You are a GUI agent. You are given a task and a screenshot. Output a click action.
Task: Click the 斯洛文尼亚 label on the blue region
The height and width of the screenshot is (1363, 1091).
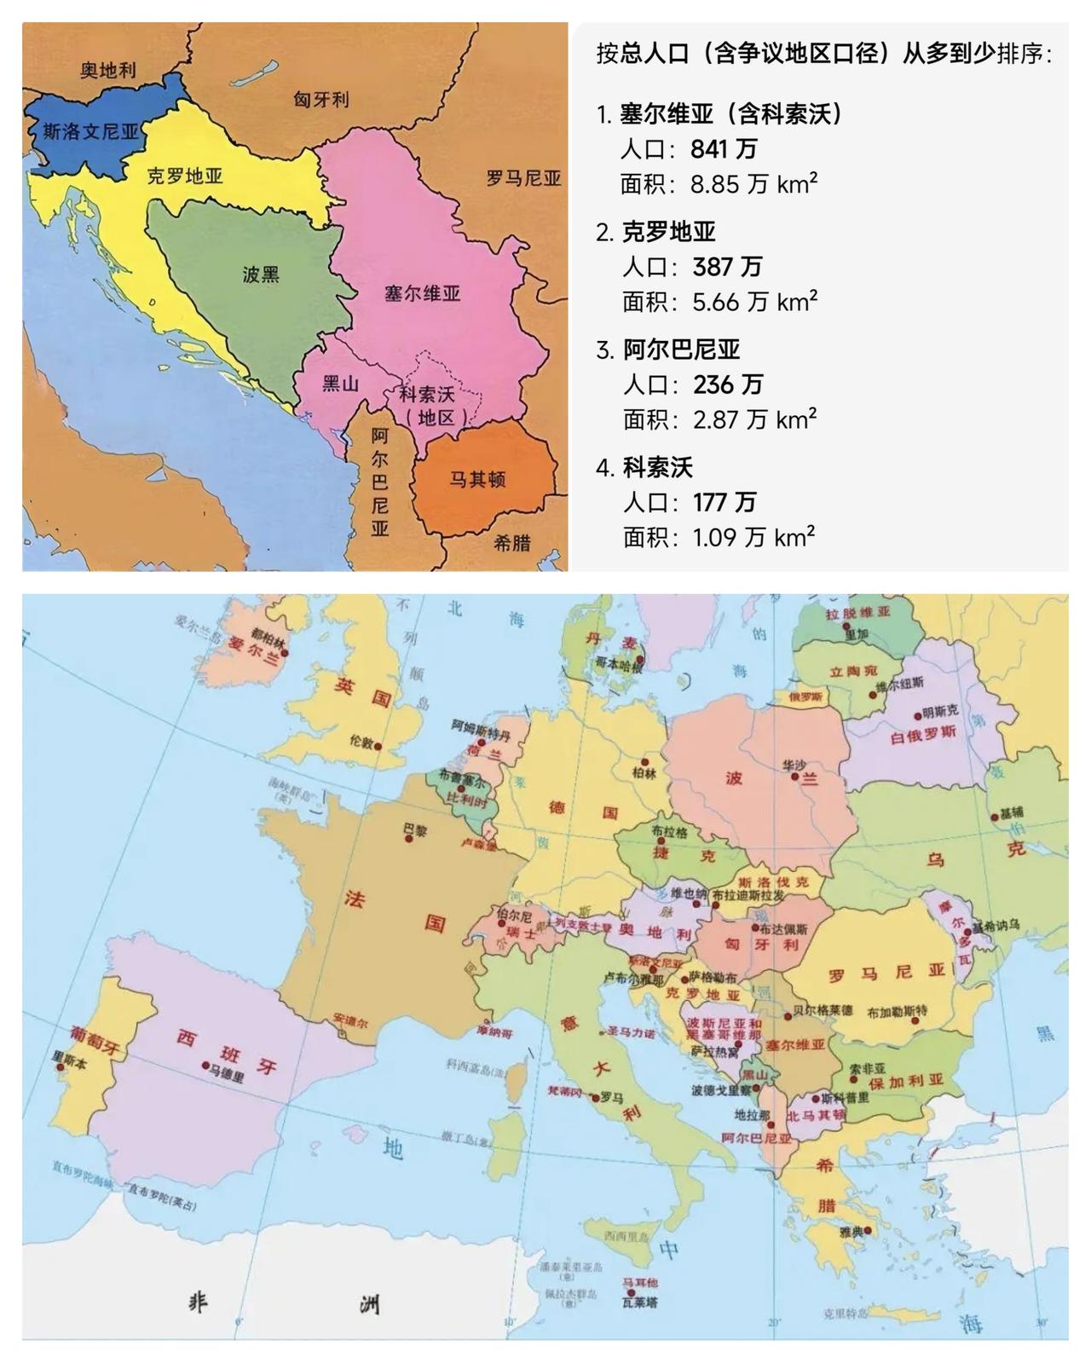tap(90, 131)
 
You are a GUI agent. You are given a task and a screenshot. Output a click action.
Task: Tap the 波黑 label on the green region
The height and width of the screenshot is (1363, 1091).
tap(260, 274)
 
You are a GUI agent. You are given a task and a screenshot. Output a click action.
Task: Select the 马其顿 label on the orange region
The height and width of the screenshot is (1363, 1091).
tap(477, 479)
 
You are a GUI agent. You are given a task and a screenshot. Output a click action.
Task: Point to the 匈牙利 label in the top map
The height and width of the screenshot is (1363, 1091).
tap(321, 99)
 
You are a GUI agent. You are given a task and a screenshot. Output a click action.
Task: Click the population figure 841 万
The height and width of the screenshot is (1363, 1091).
tap(723, 149)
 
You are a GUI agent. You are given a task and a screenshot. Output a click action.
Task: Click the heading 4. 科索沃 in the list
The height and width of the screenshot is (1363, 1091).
tap(645, 467)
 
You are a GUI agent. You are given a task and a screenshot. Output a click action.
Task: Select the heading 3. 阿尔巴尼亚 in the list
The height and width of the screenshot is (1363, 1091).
tap(669, 349)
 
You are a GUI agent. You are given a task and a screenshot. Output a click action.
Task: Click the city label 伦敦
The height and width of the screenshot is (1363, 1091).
tap(361, 742)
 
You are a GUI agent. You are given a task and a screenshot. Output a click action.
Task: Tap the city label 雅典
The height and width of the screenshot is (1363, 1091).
tap(851, 1230)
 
